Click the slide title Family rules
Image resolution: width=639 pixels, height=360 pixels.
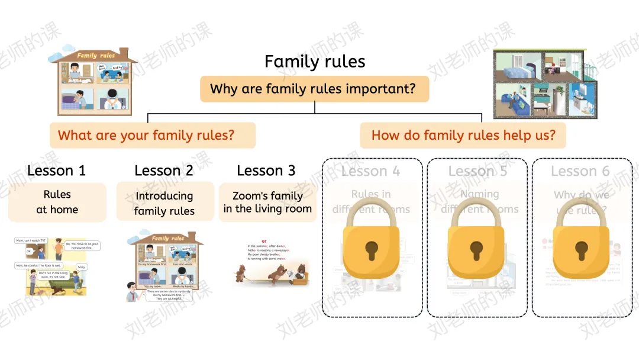point(315,62)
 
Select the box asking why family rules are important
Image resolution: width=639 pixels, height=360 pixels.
point(314,89)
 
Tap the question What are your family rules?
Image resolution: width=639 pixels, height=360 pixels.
point(152,135)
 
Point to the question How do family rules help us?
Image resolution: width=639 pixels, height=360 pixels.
point(463,135)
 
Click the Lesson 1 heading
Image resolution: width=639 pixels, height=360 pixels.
point(56,171)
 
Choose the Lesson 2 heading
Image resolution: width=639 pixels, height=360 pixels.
point(164,171)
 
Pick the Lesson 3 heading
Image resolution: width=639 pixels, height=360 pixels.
point(266,171)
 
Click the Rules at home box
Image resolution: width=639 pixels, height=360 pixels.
point(57,202)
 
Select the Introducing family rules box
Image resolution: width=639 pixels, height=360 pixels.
point(164,202)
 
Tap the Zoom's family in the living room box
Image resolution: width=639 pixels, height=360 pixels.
point(267,202)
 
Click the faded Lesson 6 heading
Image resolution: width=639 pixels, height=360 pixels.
point(580,171)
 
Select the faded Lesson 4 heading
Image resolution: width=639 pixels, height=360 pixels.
point(371,171)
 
